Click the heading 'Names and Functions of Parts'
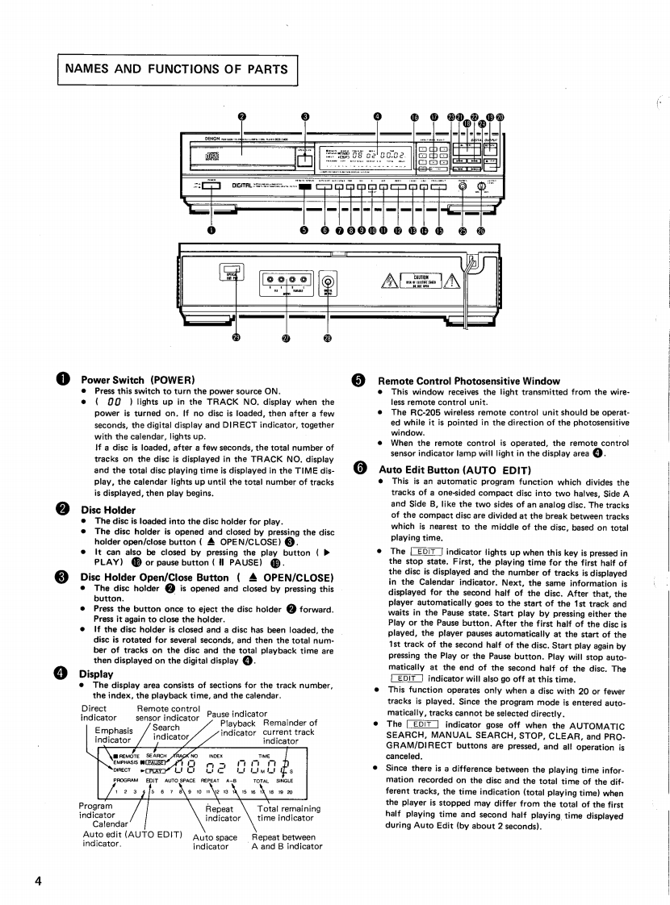point(178,69)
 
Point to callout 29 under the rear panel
point(236,337)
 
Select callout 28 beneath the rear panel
point(327,337)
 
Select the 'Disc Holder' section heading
point(108,510)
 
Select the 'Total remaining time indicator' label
point(289,813)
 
